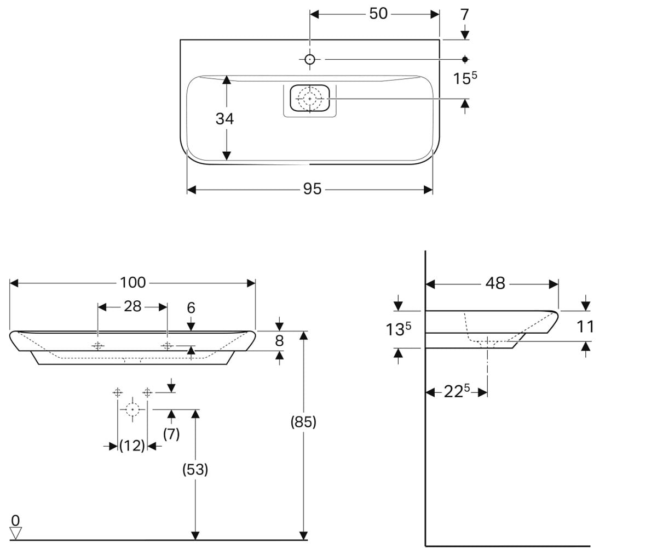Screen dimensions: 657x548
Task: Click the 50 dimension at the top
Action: pos(378,14)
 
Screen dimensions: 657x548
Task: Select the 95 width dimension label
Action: pos(312,189)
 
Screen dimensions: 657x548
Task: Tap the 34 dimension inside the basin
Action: pos(224,119)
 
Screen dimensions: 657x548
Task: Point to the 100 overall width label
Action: pos(132,283)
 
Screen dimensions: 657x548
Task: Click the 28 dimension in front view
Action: pos(132,306)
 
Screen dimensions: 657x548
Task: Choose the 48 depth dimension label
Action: pos(495,283)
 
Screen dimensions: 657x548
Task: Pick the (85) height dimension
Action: pos(303,422)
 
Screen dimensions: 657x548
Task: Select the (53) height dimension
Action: pos(195,470)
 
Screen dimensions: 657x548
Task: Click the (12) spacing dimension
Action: pos(132,446)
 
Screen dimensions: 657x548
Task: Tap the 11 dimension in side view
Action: pos(585,326)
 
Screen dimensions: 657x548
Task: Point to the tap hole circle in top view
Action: pos(310,59)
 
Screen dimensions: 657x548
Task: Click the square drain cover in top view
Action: pos(310,98)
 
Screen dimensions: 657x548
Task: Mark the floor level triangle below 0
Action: pos(15,532)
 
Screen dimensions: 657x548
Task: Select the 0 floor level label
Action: pos(15,520)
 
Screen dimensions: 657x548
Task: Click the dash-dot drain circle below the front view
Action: pos(132,409)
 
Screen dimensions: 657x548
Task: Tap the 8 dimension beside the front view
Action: pos(279,340)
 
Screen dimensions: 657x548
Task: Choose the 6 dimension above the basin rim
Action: pos(191,307)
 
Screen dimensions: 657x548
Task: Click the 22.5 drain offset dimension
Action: pos(457,391)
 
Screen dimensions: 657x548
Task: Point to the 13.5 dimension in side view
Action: pos(399,329)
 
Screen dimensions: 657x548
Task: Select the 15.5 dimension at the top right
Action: pos(465,78)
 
